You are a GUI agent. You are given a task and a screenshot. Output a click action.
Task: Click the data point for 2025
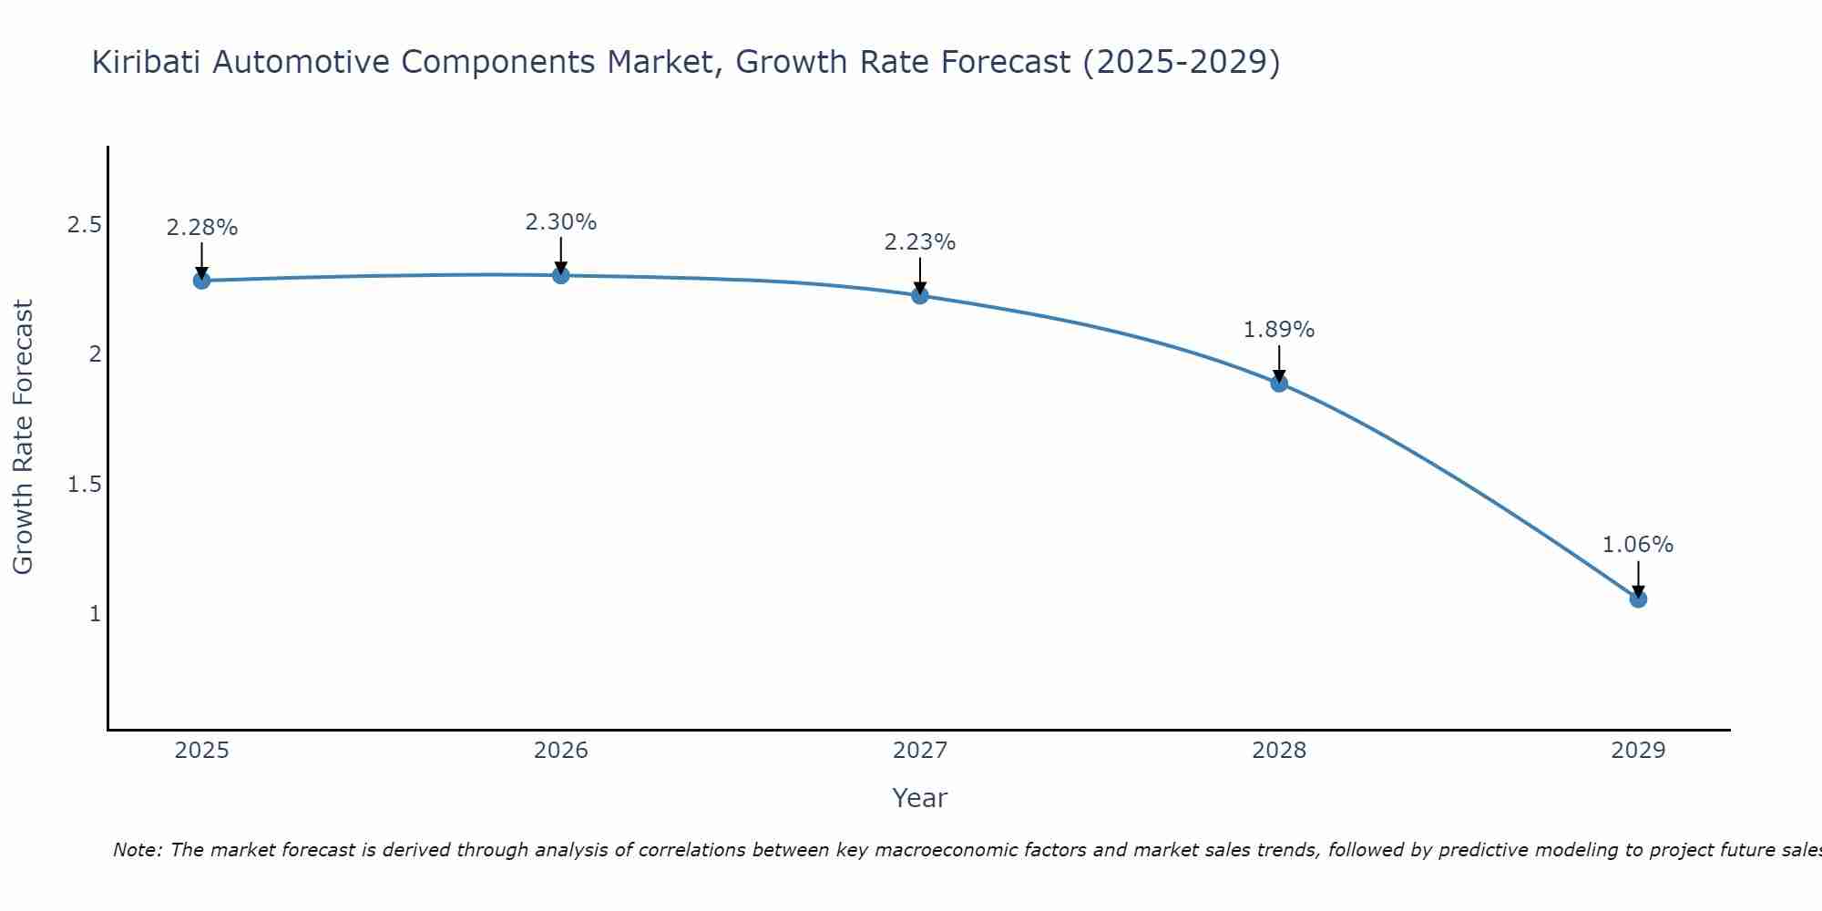tap(202, 281)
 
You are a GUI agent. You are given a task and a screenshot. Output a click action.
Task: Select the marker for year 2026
tap(561, 275)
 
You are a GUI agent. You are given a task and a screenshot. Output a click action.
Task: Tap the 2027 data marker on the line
tap(920, 295)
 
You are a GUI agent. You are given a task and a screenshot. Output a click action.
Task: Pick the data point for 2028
tap(1279, 384)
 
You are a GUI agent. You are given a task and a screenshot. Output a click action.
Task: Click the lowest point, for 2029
tap(1638, 599)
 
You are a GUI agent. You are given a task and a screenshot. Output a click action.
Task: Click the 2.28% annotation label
tap(202, 228)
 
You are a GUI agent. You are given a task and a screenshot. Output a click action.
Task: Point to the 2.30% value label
tap(561, 222)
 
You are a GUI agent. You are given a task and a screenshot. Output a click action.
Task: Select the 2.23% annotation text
tap(920, 242)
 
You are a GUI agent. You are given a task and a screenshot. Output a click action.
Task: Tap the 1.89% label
tap(1279, 330)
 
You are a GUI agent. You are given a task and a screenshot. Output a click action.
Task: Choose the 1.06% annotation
tap(1638, 545)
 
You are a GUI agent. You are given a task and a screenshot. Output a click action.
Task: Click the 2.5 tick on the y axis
tap(84, 225)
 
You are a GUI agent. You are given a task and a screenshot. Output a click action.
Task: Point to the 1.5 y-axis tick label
tap(84, 484)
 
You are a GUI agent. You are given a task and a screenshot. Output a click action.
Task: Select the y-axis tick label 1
tap(95, 614)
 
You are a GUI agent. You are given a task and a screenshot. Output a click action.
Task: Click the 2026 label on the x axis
tap(561, 751)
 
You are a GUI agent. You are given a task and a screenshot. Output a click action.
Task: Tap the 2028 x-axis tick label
tap(1279, 751)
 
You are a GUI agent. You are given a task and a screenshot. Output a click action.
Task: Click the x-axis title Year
tap(920, 798)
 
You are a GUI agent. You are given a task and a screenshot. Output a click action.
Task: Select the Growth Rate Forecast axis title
tap(24, 437)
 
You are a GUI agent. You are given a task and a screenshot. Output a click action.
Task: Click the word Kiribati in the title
tap(148, 62)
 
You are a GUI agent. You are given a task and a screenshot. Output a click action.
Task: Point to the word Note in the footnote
tap(137, 850)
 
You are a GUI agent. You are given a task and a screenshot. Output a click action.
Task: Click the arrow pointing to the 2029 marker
tap(1638, 578)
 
